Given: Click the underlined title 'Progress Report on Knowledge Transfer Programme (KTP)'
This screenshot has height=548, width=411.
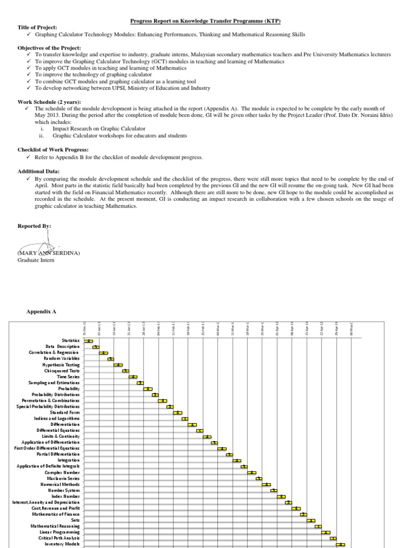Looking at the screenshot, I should tap(206, 21).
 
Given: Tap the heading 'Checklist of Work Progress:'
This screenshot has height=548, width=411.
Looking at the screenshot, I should tap(53, 149).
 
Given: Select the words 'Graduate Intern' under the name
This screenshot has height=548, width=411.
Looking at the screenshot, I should tap(36, 261).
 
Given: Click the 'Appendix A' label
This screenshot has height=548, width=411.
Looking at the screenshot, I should tap(41, 311).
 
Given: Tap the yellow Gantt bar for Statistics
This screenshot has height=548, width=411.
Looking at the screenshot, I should tap(89, 341).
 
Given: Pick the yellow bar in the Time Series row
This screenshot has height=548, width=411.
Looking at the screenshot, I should tap(133, 377).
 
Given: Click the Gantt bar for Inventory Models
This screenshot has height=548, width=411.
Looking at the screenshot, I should tap(340, 544).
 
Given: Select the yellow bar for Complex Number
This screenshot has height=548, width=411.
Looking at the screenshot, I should tap(252, 473).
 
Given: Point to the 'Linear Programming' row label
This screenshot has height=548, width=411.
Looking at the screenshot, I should tap(59, 532).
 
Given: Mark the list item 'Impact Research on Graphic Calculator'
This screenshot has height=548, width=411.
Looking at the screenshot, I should tap(98, 129).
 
